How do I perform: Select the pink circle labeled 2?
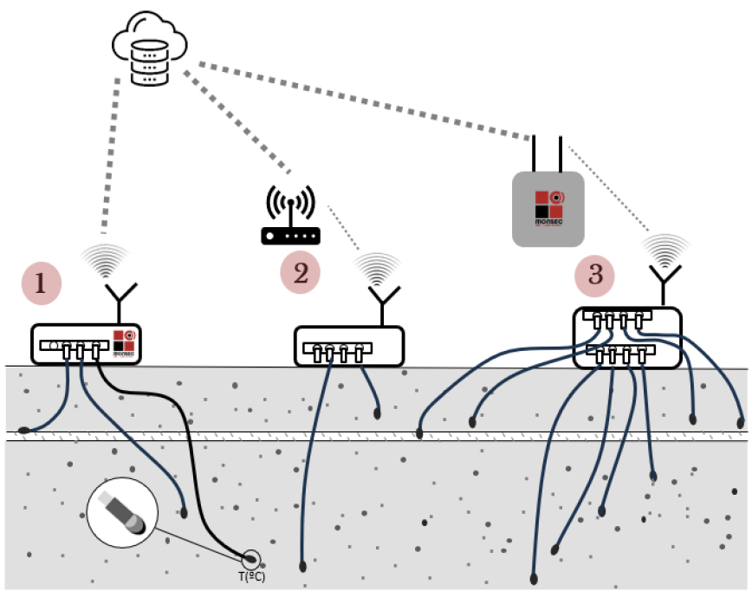(301, 273)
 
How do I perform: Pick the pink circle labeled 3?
(595, 276)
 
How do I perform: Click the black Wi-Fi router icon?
(291, 217)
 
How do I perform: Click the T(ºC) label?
(251, 575)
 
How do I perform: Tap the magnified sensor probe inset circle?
(122, 513)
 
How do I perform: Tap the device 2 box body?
(349, 346)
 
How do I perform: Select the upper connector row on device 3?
(616, 319)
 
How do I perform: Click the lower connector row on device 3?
(619, 352)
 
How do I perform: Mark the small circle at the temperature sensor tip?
(251, 558)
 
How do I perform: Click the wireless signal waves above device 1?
(104, 259)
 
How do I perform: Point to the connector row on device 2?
(337, 350)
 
